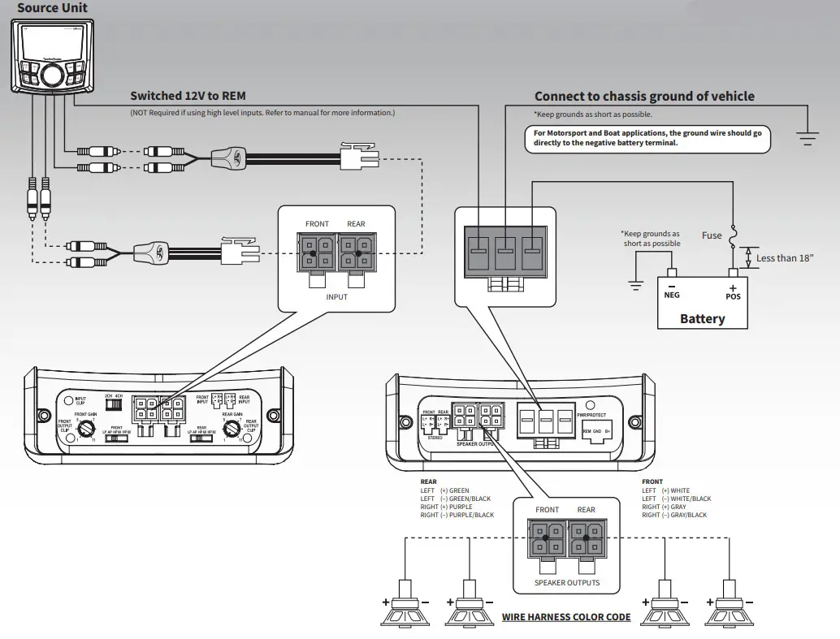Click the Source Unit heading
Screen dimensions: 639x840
click(x=52, y=8)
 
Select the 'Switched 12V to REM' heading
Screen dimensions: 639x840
click(x=188, y=96)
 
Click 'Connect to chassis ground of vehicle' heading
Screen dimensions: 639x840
click(x=644, y=96)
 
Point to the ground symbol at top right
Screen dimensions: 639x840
click(x=807, y=138)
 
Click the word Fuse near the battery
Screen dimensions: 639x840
click(x=712, y=235)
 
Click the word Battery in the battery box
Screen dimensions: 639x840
click(x=702, y=318)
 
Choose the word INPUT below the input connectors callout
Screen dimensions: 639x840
click(x=336, y=297)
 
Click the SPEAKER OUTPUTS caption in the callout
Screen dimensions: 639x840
click(x=567, y=582)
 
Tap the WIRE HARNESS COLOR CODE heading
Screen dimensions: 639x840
click(x=566, y=617)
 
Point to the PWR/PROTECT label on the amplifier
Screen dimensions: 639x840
click(x=591, y=415)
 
